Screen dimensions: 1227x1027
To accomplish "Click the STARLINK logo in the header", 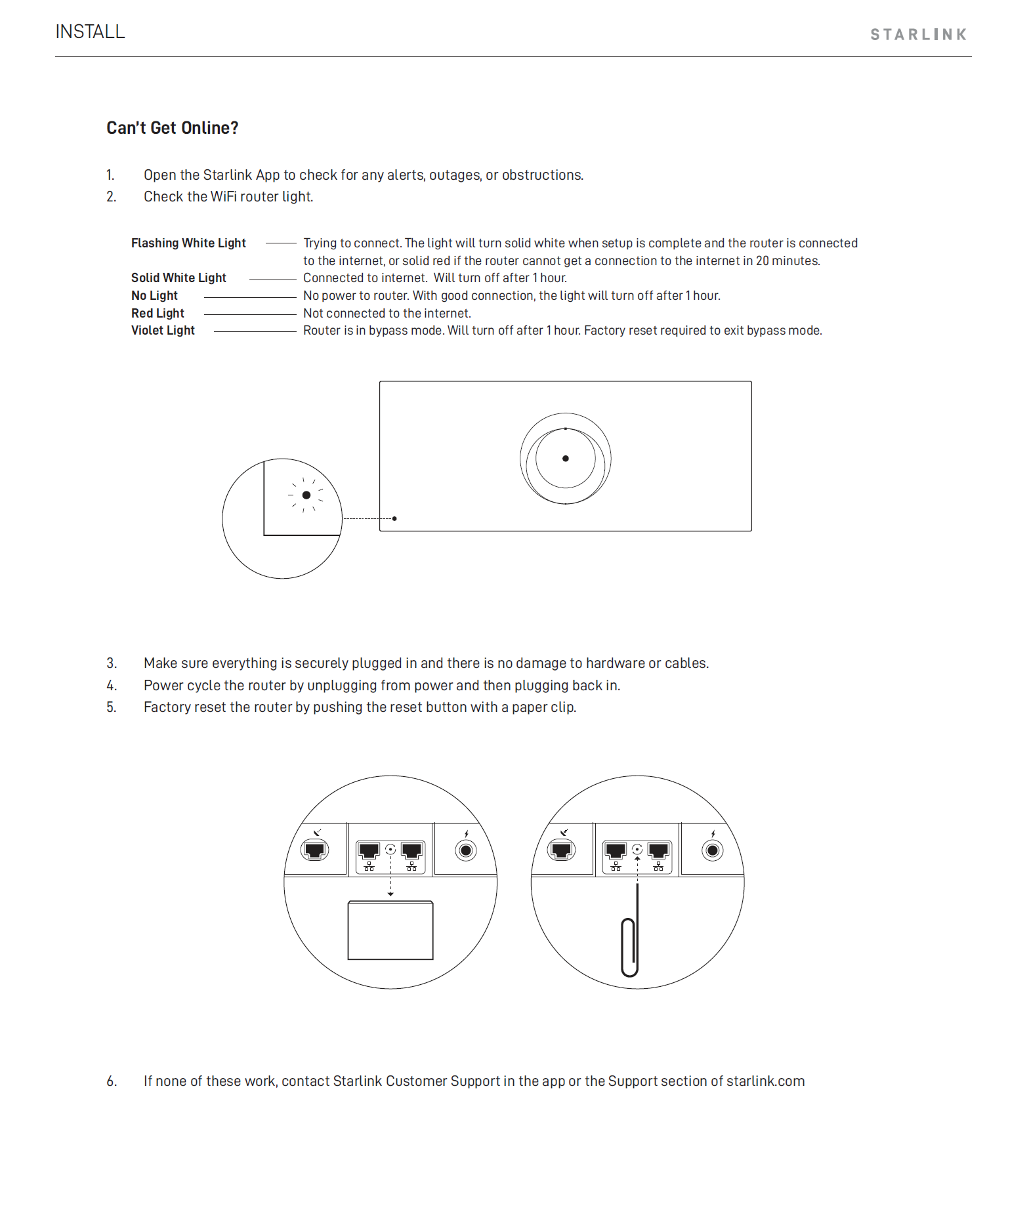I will pos(918,35).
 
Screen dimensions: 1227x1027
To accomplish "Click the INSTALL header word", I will pos(90,31).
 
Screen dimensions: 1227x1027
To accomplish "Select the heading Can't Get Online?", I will pos(173,128).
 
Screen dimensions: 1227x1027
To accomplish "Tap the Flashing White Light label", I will pos(188,243).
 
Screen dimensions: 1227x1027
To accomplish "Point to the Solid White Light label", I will pos(178,278).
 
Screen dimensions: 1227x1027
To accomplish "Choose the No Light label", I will pos(154,296).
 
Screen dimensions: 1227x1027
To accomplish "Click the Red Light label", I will pos(157,314).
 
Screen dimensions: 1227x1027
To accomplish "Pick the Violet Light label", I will pos(163,331).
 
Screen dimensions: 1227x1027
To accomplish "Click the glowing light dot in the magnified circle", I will pos(306,495).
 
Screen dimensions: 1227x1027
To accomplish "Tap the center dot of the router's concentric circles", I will pos(566,459).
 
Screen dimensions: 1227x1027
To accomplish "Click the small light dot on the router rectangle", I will pos(394,518).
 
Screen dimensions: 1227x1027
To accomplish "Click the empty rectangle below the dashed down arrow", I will pos(390,930).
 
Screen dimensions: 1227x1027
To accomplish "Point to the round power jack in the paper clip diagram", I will pos(712,851).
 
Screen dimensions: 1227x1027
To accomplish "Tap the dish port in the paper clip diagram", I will pos(562,850).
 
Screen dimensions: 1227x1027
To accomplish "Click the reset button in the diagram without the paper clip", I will pos(390,849).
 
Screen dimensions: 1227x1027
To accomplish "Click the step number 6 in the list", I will pos(112,1081).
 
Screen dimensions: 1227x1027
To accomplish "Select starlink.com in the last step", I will pos(765,1081).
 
